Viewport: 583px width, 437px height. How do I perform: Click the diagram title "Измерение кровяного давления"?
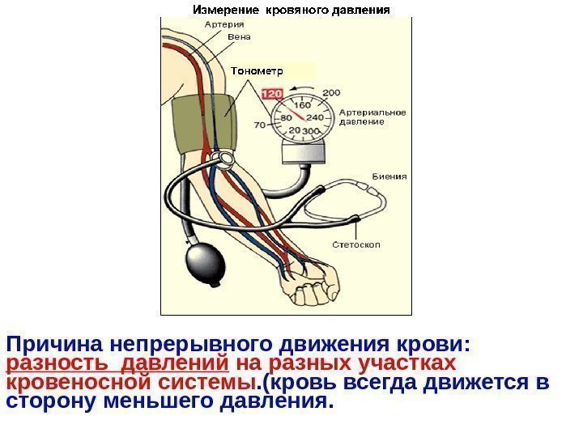pyautogui.click(x=291, y=11)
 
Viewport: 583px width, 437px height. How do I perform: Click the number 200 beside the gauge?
pyautogui.click(x=332, y=91)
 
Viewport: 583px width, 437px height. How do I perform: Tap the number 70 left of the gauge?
pyautogui.click(x=261, y=125)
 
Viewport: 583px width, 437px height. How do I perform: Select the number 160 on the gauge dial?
pyautogui.click(x=302, y=106)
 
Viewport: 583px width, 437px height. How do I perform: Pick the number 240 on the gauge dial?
pyautogui.click(x=315, y=117)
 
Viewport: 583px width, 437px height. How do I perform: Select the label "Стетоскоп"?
pyautogui.click(x=357, y=244)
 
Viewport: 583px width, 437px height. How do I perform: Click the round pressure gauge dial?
pyautogui.click(x=299, y=119)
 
